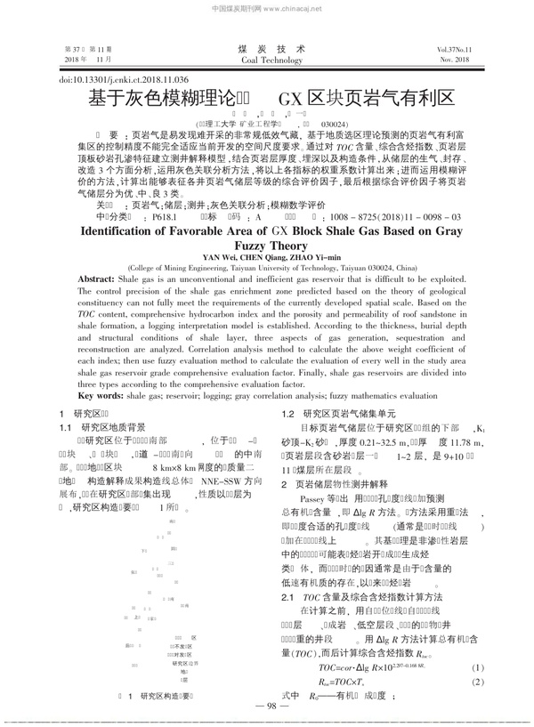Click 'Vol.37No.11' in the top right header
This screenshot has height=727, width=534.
pos(454,49)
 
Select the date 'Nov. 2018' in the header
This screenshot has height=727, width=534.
pos(454,60)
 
